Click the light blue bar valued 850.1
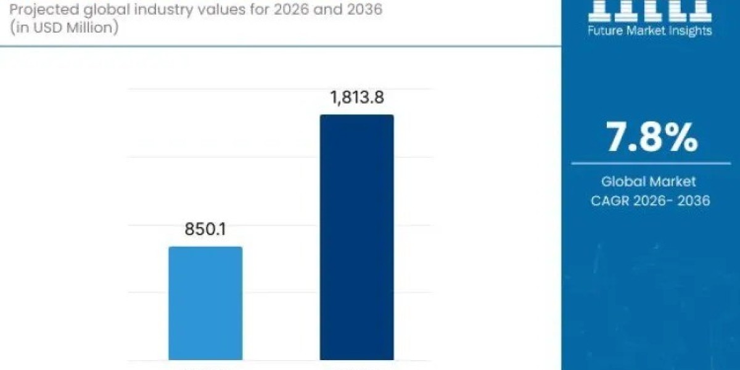tap(205, 303)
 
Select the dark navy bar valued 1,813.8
tap(356, 237)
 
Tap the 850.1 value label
tap(205, 229)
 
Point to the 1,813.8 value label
tap(356, 97)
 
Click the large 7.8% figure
tap(651, 138)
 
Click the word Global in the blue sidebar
tap(623, 181)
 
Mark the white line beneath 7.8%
tap(651, 164)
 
